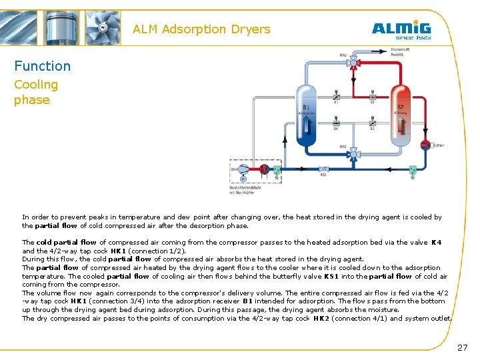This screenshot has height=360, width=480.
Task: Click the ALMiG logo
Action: pos(401,30)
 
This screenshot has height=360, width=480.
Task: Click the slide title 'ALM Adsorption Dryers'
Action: pos(201,29)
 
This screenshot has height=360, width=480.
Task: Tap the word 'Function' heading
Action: pos(42,66)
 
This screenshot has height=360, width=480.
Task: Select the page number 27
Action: pos(463,347)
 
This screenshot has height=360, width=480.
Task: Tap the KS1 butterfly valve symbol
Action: pos(323,169)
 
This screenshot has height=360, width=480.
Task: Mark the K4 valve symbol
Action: pos(337,123)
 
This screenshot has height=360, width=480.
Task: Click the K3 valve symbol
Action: pos(372,123)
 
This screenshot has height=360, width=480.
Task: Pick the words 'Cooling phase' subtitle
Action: pos(36,92)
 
